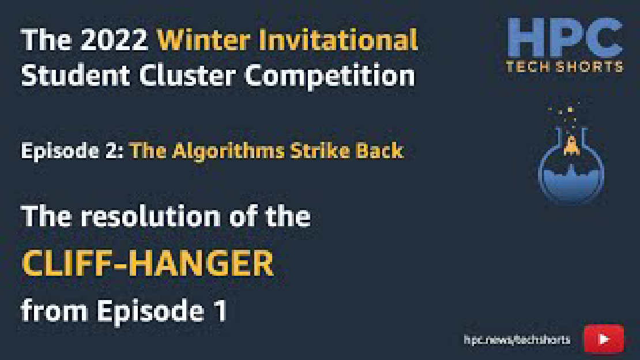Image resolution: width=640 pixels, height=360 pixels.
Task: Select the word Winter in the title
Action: coord(203,40)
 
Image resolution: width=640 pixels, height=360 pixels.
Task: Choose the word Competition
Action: coord(330,77)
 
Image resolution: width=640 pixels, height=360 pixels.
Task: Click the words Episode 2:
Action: coord(72,151)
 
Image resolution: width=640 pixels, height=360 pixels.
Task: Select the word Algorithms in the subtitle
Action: coord(228,152)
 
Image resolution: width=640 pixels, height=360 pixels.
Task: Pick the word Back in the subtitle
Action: coord(379,151)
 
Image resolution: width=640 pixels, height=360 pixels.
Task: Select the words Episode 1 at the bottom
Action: coord(161,312)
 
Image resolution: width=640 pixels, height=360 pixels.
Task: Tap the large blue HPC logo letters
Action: coord(565,37)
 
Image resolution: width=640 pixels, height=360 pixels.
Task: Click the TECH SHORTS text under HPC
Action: coord(564,66)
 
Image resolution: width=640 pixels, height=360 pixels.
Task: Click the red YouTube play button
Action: coord(604,338)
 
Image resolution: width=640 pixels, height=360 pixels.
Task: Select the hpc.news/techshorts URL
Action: coord(517,340)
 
